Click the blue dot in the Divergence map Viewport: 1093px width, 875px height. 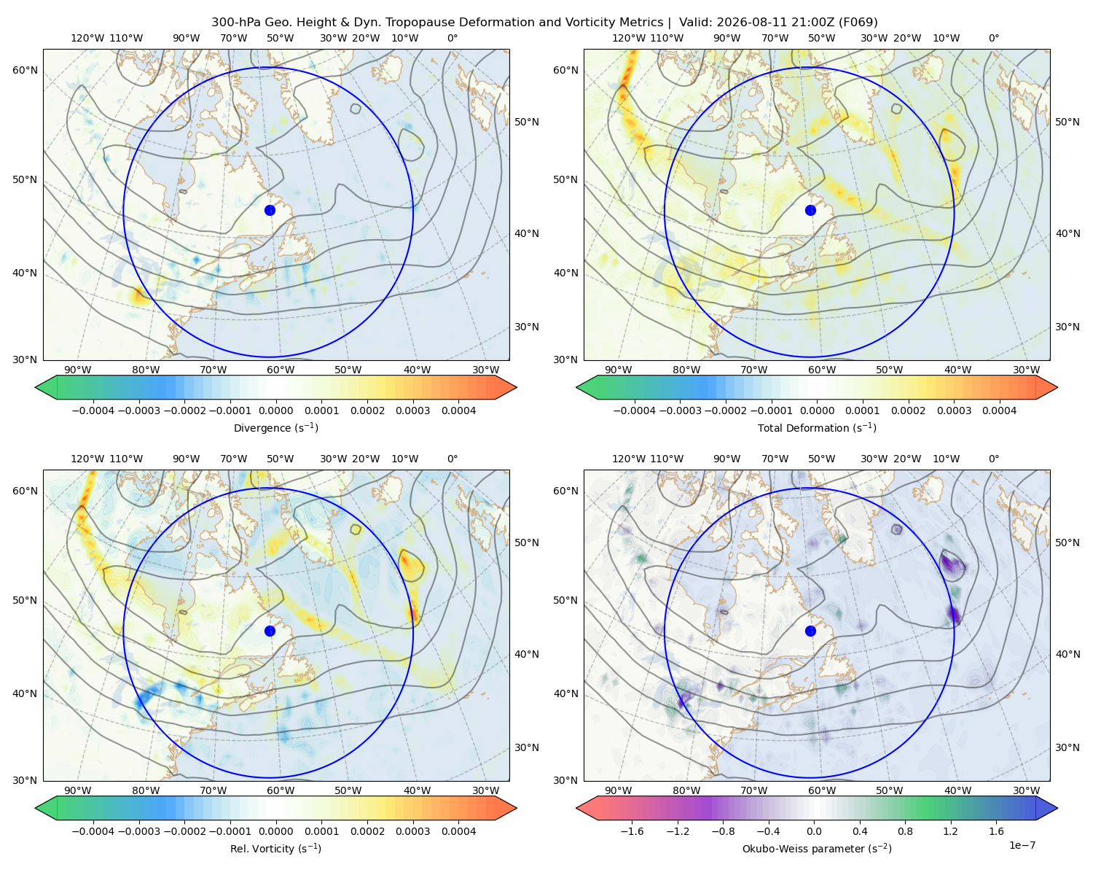tap(270, 210)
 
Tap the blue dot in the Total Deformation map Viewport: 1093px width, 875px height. tap(810, 210)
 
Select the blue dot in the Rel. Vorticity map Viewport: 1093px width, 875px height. tap(270, 631)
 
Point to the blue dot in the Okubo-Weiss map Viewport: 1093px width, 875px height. tap(810, 631)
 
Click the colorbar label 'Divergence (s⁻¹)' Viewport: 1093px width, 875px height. tap(275, 427)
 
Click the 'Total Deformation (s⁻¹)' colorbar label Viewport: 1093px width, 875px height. tap(817, 427)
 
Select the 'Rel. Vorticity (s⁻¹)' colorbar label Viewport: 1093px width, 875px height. tap(275, 848)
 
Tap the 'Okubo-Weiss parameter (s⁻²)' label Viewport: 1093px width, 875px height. tap(817, 848)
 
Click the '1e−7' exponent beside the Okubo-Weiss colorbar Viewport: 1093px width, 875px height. tap(1022, 845)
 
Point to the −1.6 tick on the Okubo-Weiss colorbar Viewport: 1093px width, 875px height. tap(632, 831)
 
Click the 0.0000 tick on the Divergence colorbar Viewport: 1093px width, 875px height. tap(275, 411)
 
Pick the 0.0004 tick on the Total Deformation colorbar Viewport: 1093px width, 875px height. tap(999, 411)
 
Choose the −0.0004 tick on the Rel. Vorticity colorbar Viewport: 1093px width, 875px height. tap(93, 831)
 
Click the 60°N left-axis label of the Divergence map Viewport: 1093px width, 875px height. tap(25, 70)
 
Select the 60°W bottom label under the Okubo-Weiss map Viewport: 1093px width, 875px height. tap(821, 790)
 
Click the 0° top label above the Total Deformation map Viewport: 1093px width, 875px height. tap(993, 38)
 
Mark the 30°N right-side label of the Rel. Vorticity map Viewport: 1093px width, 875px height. tap(527, 747)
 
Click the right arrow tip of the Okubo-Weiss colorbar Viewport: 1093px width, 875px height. tap(1057, 808)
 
